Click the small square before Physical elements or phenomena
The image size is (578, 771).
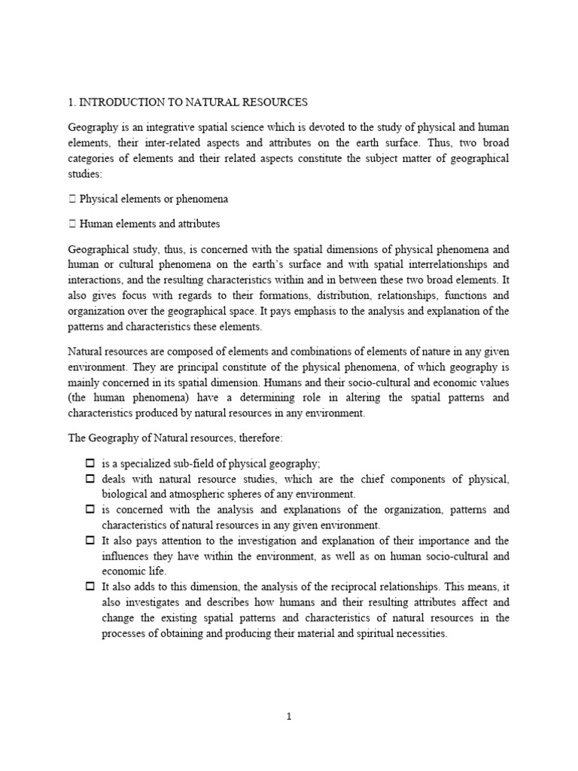tap(72, 200)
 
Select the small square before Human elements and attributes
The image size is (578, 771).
tap(72, 224)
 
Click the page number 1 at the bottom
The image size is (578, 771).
tap(289, 717)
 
